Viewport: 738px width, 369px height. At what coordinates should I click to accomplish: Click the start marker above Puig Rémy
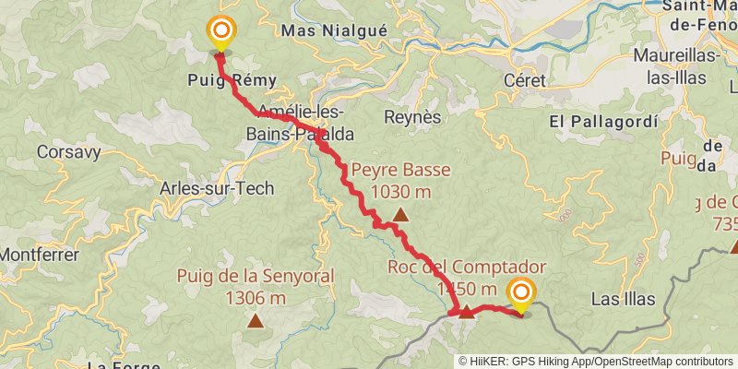click(221, 34)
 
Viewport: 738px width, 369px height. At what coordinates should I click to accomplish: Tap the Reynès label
click(412, 116)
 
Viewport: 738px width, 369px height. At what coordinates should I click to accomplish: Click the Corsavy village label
click(64, 151)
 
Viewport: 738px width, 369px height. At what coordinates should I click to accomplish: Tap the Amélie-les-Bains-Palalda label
click(299, 124)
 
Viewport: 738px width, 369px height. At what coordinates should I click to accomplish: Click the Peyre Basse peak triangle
click(400, 216)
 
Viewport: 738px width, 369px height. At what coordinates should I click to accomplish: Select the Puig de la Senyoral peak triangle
click(255, 321)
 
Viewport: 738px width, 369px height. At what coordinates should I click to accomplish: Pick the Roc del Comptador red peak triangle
click(467, 312)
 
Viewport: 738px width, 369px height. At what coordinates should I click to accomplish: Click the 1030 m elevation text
click(400, 192)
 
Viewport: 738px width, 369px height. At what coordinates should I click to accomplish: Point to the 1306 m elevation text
click(255, 298)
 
